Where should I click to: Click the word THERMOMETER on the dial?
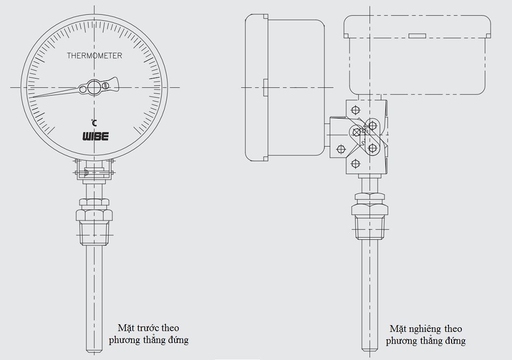[x=94, y=56]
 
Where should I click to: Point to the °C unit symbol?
[x=94, y=122]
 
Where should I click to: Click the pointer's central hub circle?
[x=94, y=88]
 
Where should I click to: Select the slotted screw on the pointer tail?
[x=106, y=85]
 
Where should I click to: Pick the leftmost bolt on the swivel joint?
[x=339, y=149]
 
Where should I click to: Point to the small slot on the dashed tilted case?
[x=417, y=36]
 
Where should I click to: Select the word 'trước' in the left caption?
[x=149, y=328]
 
